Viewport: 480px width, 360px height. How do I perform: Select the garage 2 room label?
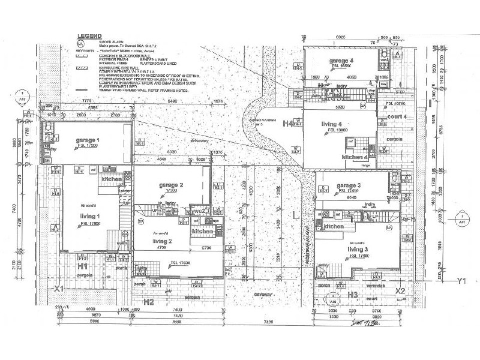point(172,185)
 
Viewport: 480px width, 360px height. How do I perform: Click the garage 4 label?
point(341,61)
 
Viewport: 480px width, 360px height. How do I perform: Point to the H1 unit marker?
point(83,265)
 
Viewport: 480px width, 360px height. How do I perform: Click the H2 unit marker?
point(148,302)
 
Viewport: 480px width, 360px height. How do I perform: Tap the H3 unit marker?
point(352,295)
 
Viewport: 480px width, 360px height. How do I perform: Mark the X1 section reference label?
point(59,289)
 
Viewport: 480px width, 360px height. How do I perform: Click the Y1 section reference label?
point(461,280)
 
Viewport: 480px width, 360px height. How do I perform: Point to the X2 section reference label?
point(400,290)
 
